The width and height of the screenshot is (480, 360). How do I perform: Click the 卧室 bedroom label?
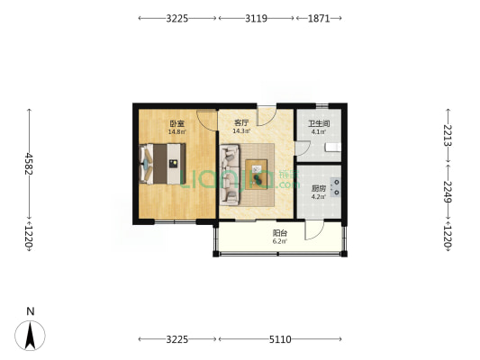pos(177,124)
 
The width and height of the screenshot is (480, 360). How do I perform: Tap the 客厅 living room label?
pos(241,123)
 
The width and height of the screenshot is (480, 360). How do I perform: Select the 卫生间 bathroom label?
pos(319,124)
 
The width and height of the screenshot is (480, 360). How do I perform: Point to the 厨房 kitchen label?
pos(319,188)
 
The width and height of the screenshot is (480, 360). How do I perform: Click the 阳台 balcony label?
pos(280,233)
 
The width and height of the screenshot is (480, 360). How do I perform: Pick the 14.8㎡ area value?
pos(177,131)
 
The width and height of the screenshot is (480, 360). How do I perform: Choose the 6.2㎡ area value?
pos(280,241)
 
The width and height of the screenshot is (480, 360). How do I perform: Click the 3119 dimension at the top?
pos(256,19)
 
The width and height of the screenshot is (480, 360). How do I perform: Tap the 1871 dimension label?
pos(319,19)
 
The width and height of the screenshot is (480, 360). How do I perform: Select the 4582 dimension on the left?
pos(29,164)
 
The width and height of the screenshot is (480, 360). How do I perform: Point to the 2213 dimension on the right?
pos(448,135)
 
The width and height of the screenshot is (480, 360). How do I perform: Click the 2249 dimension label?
pos(448,192)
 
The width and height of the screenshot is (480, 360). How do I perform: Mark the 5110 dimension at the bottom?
pos(280,339)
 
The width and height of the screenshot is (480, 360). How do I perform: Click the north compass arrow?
pos(30,336)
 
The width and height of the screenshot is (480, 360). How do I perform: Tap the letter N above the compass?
pos(31,311)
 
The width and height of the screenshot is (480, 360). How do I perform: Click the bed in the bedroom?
pos(162,164)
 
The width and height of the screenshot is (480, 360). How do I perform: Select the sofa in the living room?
pos(230,175)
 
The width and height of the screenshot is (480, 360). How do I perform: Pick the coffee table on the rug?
pos(257,175)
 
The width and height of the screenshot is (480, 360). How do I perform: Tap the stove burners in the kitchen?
pos(336,187)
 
